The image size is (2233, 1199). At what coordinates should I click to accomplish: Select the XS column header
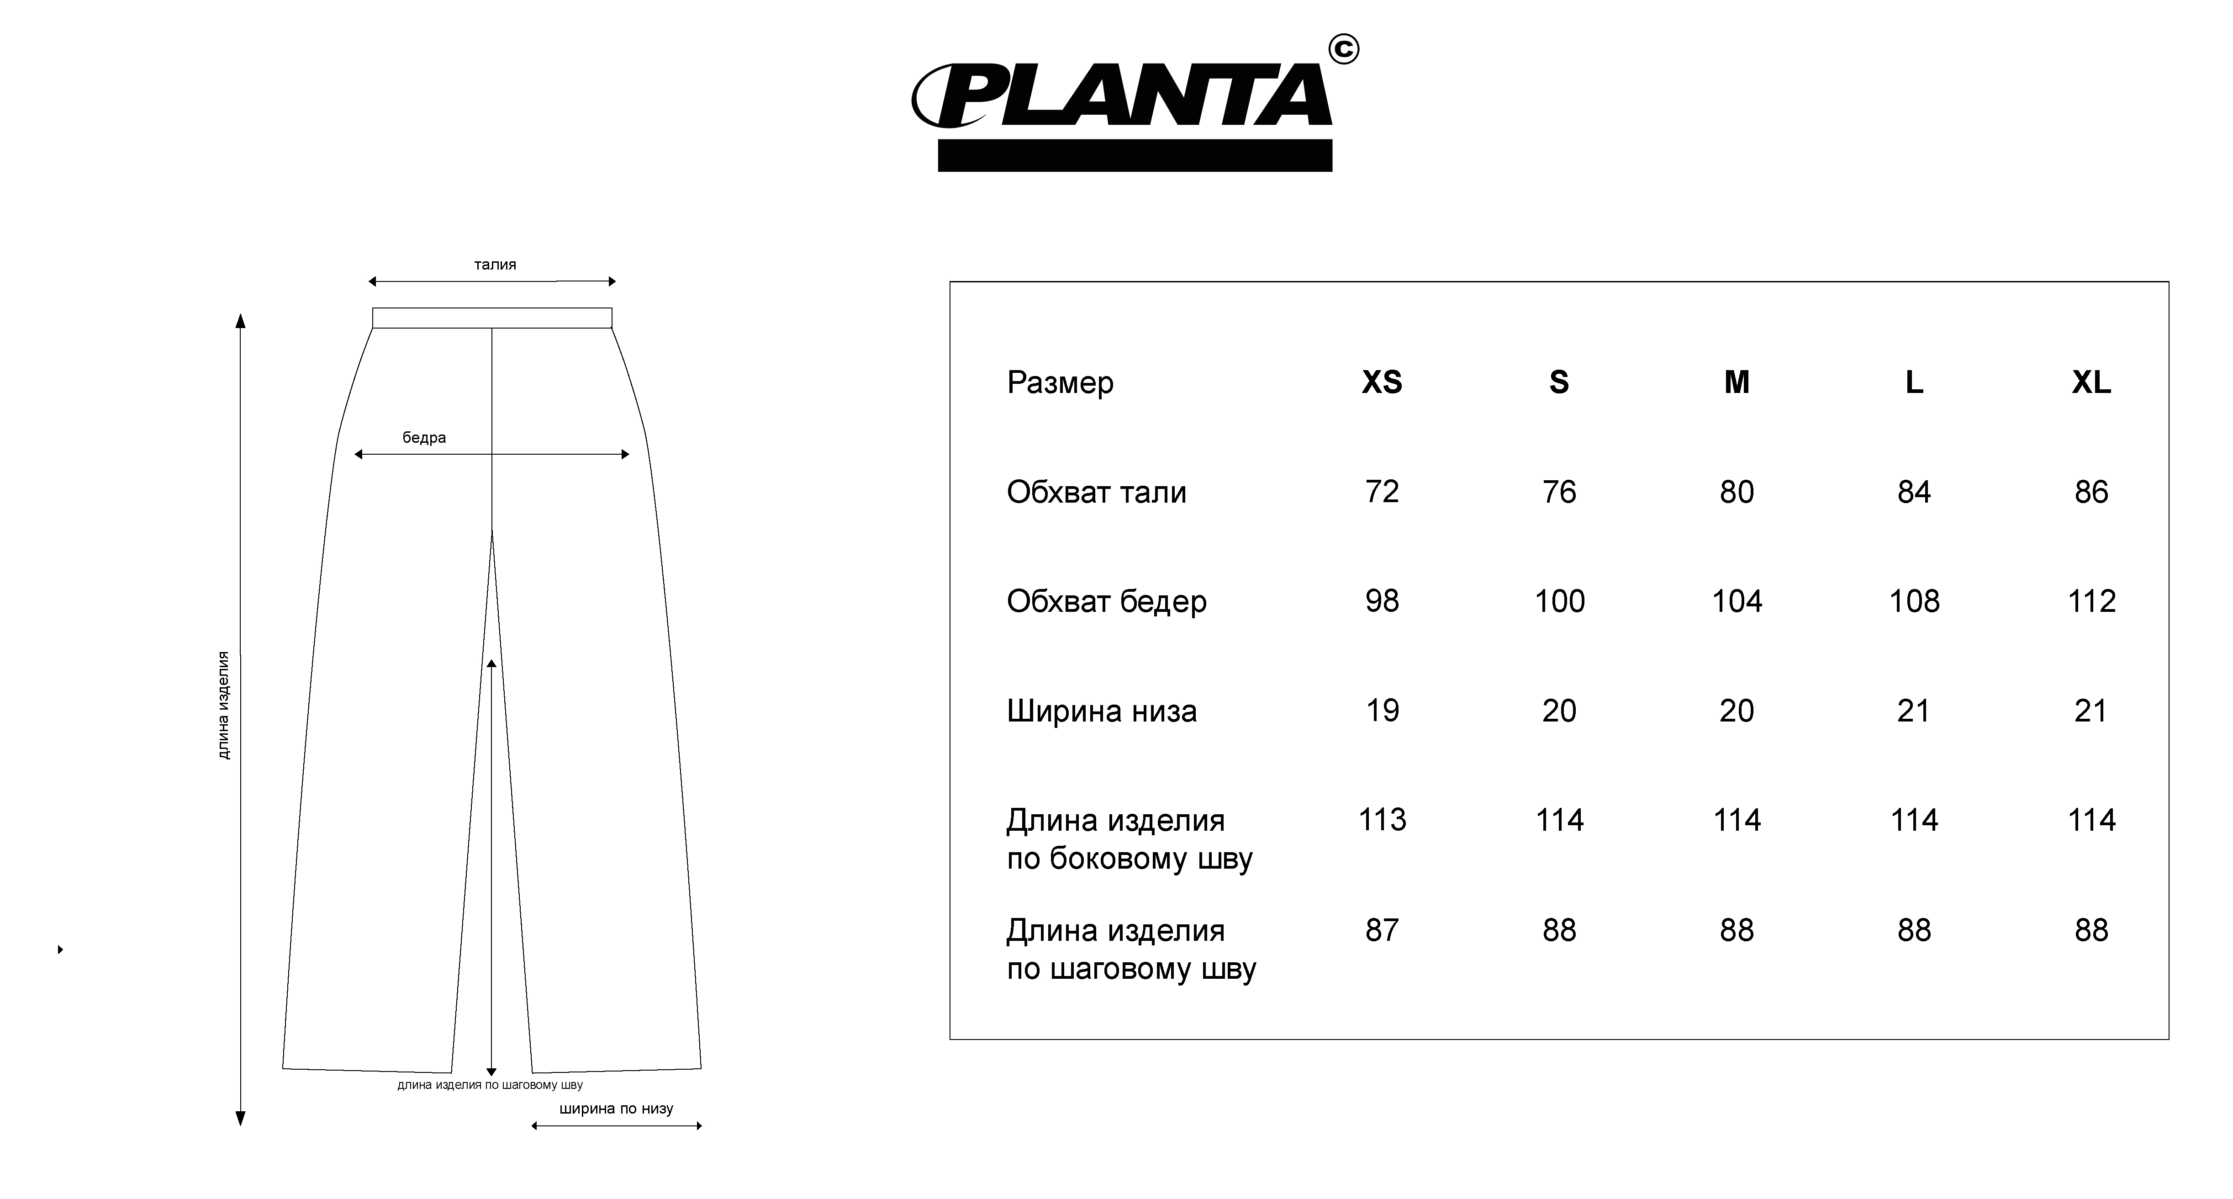1382,382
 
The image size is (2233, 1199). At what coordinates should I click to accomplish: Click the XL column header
2091,382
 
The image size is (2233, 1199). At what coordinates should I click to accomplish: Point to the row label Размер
1060,382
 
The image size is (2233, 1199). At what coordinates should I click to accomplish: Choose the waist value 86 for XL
2091,492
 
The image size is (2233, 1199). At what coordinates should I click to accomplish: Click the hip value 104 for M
1737,601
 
